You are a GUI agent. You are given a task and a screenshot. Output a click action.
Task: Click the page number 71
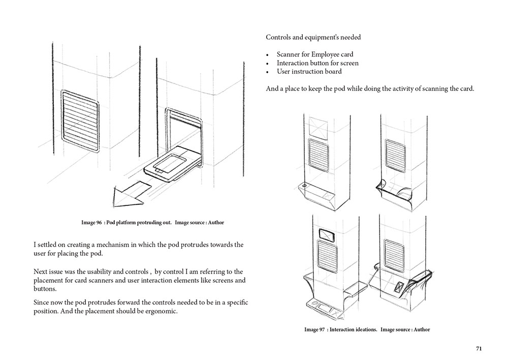[479, 348]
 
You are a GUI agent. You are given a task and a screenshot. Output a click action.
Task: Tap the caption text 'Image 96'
[92, 223]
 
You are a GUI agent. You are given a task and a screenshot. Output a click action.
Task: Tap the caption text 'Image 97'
[314, 329]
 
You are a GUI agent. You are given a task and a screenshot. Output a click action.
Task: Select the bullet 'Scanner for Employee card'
[314, 54]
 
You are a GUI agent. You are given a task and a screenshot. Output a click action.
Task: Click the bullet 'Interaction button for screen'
[317, 63]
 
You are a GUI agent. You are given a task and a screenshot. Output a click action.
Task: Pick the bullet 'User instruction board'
[309, 72]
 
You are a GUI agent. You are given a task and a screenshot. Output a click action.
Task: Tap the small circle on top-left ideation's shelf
[304, 186]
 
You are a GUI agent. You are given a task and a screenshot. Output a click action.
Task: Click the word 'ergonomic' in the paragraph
[161, 312]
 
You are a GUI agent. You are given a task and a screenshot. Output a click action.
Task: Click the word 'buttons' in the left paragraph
[45, 288]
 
